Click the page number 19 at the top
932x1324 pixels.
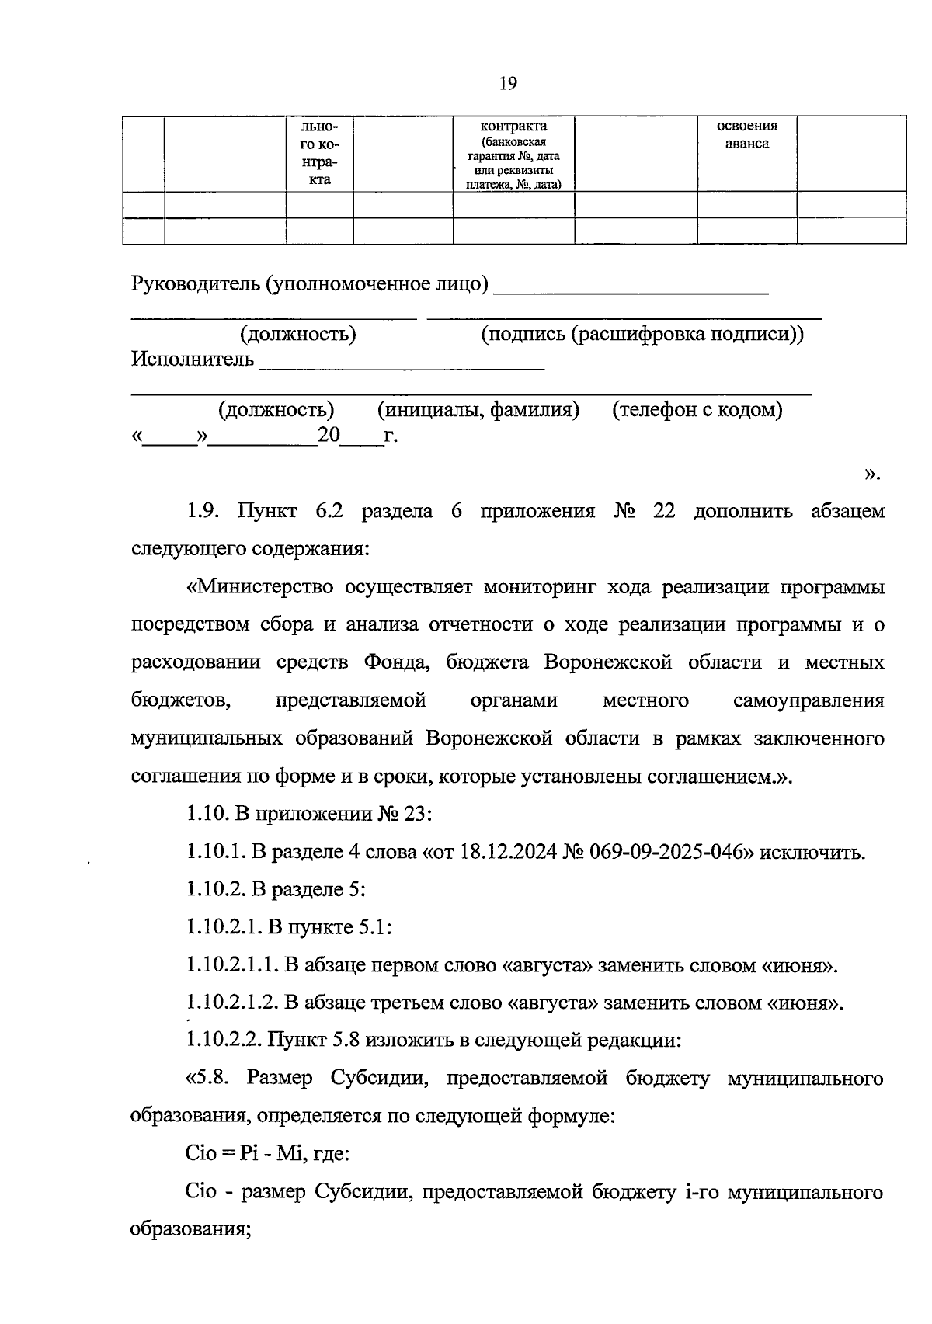click(508, 84)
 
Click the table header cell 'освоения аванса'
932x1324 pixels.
click(746, 134)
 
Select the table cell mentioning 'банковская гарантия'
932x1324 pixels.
click(513, 155)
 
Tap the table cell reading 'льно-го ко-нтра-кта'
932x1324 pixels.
click(319, 153)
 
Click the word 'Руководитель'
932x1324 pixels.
click(194, 284)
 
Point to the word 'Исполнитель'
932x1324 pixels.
click(192, 360)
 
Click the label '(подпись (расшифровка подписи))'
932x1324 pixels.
click(642, 334)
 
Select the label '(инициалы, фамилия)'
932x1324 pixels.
click(478, 409)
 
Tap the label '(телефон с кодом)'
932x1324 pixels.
click(697, 409)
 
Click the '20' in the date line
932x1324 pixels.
click(329, 435)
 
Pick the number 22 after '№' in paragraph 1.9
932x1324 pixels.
click(664, 511)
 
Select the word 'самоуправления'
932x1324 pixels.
click(809, 700)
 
